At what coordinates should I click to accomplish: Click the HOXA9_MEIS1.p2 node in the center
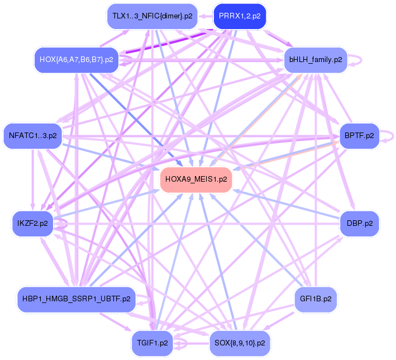[x=196, y=180]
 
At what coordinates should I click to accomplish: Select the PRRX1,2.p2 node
[x=240, y=16]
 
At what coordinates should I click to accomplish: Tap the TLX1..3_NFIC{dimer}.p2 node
[x=152, y=16]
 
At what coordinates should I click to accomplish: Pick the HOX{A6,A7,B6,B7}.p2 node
[x=76, y=59]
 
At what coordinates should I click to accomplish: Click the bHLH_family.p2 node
[x=316, y=59]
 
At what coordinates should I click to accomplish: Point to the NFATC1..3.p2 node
[x=33, y=136]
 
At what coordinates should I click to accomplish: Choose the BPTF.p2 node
[x=359, y=136]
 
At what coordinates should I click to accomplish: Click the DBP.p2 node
[x=359, y=224]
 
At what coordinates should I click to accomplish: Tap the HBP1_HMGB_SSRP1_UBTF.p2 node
[x=77, y=299]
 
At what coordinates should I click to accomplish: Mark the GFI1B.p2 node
[x=316, y=299]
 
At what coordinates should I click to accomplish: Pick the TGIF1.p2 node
[x=152, y=342]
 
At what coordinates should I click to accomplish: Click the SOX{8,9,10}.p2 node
[x=240, y=342]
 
